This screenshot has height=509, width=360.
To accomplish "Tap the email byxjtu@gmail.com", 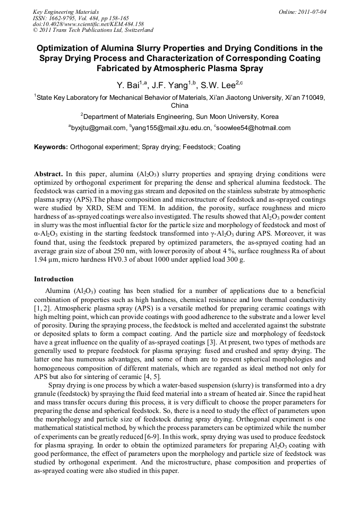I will pyautogui.click(x=98, y=128).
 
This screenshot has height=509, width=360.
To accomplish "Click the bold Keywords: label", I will pyautogui.click(x=51, y=146).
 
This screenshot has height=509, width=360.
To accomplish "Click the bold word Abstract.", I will pyautogui.click(x=49, y=174).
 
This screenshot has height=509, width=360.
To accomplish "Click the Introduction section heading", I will pyautogui.click(x=54, y=279).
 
